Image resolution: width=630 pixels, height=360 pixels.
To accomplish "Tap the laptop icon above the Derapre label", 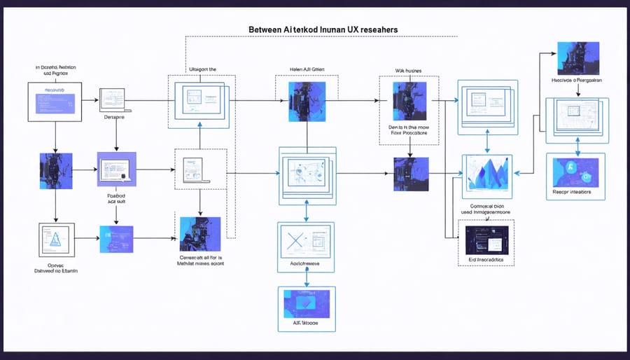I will point(112,99).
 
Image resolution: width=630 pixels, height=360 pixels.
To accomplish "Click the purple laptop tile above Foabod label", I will point(116,169).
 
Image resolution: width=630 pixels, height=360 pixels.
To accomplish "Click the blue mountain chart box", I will point(488,174).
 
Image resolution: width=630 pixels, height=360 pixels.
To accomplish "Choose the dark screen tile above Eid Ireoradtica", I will point(486,238).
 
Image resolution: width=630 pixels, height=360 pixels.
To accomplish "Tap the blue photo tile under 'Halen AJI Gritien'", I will point(307,100).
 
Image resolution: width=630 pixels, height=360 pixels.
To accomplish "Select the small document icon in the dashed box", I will point(192,169).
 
